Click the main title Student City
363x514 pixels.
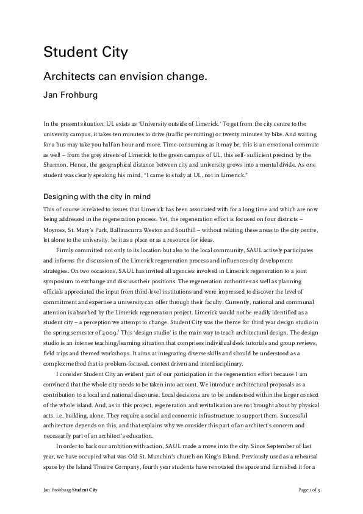[85, 52]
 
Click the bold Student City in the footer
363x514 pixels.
[84, 490]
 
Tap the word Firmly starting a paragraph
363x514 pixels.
[66, 250]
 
